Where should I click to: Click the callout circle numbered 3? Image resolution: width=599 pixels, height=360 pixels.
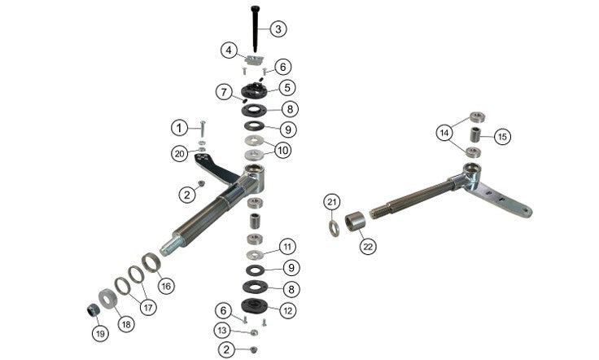(278, 29)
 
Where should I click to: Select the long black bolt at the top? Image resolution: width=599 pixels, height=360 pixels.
(255, 29)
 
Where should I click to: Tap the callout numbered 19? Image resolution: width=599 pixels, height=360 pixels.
(100, 334)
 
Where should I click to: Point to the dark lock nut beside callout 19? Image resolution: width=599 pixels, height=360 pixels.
(93, 310)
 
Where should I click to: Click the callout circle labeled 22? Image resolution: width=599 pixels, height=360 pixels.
(368, 247)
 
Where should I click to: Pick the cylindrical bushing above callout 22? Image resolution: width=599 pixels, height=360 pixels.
(355, 222)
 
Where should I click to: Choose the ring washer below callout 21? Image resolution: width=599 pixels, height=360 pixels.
(334, 229)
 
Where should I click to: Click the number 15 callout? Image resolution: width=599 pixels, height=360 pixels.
(503, 137)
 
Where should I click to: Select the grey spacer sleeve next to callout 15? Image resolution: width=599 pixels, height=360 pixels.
(474, 134)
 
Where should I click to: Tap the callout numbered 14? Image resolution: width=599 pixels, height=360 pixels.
(444, 133)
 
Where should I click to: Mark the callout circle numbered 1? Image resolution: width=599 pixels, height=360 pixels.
(180, 128)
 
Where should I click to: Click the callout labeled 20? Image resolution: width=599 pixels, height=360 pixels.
(180, 154)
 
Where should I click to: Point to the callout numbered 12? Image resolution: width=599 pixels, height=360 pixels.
(287, 310)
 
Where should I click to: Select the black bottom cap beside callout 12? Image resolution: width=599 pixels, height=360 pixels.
(254, 305)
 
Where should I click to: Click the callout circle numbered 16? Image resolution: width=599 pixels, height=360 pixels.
(166, 286)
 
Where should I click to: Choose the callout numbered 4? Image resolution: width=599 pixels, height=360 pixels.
(229, 50)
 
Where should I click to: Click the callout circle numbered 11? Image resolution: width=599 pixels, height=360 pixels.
(287, 247)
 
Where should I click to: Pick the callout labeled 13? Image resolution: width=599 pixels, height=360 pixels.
(223, 330)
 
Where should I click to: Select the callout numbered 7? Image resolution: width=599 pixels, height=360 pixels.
(225, 92)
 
